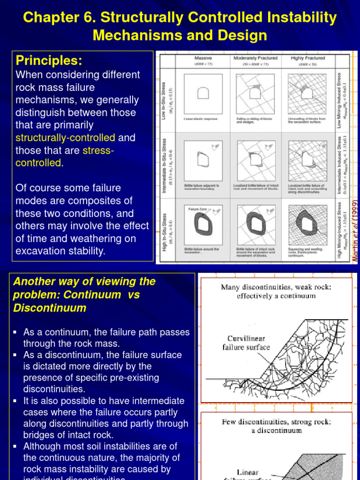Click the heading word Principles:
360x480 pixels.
pyautogui.click(x=49, y=60)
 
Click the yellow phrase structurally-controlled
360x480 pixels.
pyautogui.click(x=65, y=138)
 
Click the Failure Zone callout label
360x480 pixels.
pyautogui.click(x=196, y=209)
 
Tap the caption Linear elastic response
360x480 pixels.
pyautogui.click(x=201, y=119)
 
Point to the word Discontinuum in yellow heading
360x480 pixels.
pyautogui.click(x=50, y=308)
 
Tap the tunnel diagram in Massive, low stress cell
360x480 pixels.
pyautogui.click(x=203, y=93)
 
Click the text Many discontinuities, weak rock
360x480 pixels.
pyautogui.click(x=276, y=287)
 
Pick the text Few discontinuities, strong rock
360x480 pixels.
pyautogui.click(x=276, y=422)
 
